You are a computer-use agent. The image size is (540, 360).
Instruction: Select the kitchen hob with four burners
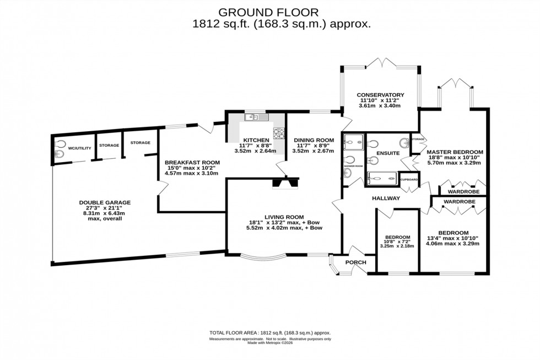(279, 133)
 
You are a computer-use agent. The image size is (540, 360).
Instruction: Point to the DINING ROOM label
(313, 140)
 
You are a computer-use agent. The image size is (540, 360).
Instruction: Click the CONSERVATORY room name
(380, 95)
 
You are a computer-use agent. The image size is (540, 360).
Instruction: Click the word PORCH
(356, 262)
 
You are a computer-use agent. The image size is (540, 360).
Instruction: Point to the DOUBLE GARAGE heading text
(104, 202)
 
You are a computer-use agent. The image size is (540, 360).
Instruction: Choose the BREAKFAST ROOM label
(192, 163)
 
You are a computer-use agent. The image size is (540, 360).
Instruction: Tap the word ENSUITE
(387, 153)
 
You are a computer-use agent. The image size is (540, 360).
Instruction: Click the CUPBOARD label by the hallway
(409, 180)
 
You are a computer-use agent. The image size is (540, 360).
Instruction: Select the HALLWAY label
(385, 198)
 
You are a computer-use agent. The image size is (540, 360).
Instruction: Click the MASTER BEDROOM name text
(455, 152)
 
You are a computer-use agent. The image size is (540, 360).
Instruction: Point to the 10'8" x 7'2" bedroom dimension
(397, 241)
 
